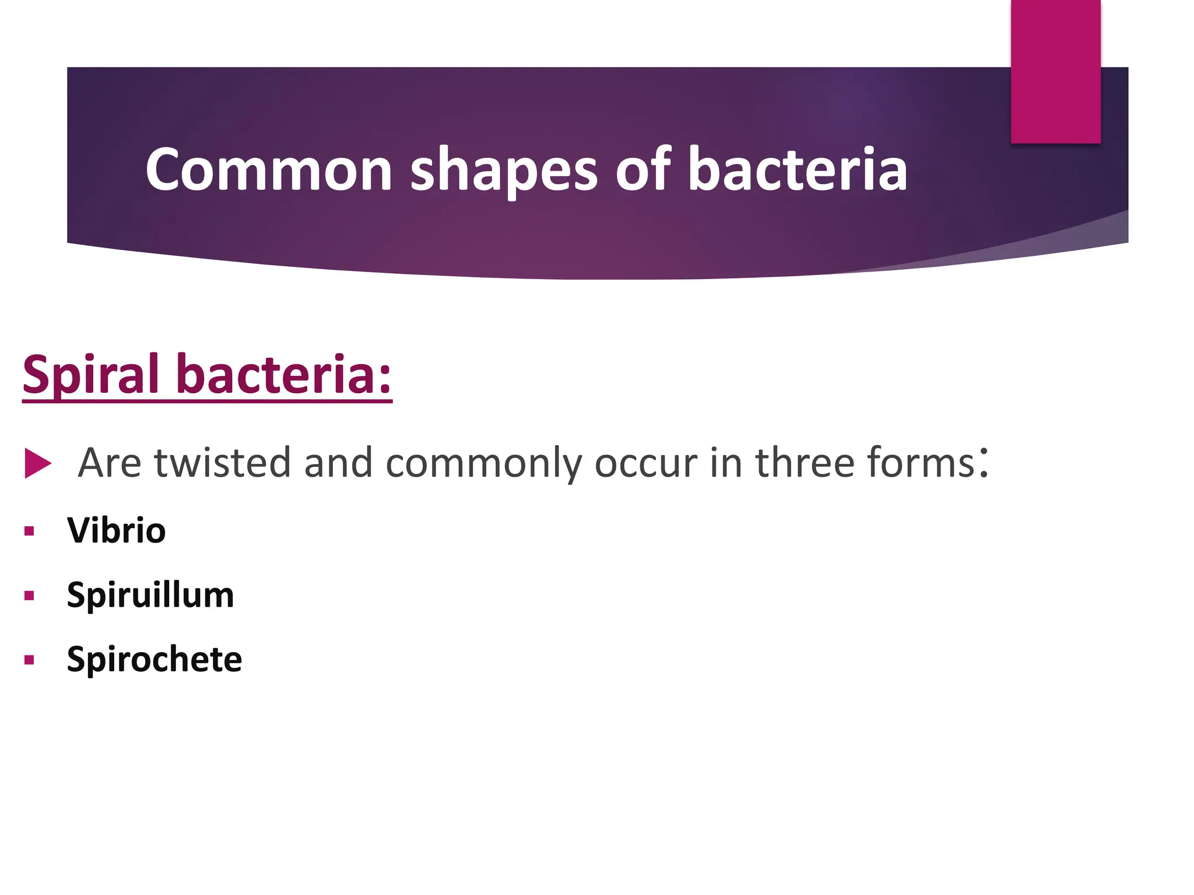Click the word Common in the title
tap(269, 170)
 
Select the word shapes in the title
tap(504, 170)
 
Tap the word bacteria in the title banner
tap(798, 170)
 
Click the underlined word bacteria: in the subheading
tap(284, 375)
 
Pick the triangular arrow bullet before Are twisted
tap(38, 463)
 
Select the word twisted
tap(222, 463)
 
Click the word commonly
tap(483, 463)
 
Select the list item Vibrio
tap(117, 531)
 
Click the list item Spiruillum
tap(150, 595)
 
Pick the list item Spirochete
tap(154, 659)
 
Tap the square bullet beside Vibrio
tap(29, 531)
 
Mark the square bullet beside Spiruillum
tap(29, 596)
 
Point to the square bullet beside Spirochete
tap(29, 660)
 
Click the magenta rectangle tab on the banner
tap(1055, 71)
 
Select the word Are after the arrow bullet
tap(110, 463)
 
